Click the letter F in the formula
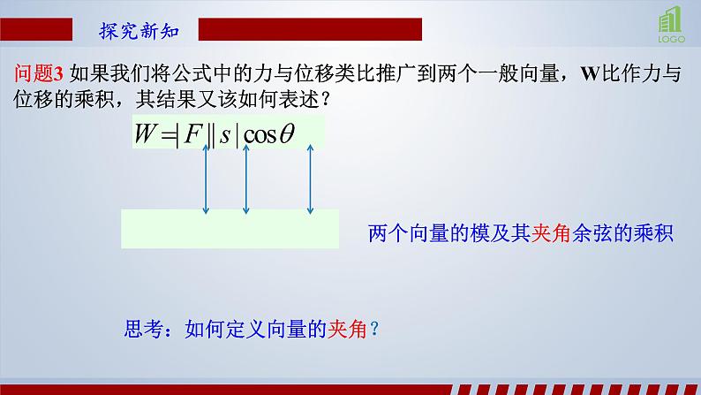pos(197,133)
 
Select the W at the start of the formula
pos(145,133)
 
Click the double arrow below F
pos(205,181)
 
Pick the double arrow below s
pos(246,181)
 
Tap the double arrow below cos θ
pos(310,181)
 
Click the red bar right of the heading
pos(309,32)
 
